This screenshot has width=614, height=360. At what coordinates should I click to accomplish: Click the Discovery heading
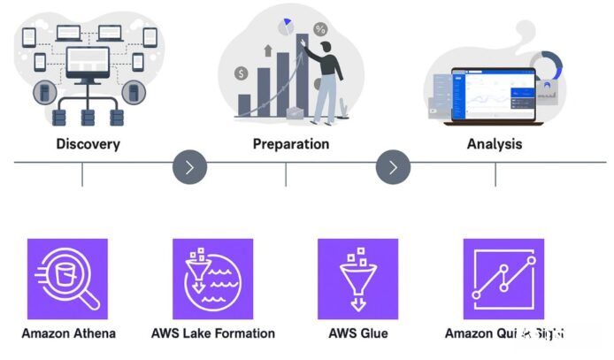coord(88,143)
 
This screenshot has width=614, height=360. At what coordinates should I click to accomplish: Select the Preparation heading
coord(291,143)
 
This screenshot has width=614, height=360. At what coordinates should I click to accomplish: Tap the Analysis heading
coord(494,143)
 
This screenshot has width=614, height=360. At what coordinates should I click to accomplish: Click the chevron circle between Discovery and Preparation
coord(190,166)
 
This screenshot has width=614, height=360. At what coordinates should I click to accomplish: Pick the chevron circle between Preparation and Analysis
coord(394,166)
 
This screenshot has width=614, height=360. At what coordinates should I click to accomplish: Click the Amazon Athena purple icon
coord(67,279)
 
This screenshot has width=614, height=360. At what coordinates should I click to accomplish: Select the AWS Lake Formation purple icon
coord(212,279)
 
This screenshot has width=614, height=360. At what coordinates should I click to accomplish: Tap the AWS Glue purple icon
coord(357,279)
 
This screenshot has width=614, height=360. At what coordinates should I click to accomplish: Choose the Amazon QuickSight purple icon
coord(503,279)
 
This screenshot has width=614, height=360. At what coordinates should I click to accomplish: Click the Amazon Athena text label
coord(68,333)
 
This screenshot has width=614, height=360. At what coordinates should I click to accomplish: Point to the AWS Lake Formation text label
coord(212,333)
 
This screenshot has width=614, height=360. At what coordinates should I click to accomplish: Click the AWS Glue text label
coord(357,333)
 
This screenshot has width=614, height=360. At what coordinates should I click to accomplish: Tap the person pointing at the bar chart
coord(326,80)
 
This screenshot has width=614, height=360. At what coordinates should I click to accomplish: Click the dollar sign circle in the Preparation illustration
coord(242,73)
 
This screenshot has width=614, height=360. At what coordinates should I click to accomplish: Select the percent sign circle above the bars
coord(320,29)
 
